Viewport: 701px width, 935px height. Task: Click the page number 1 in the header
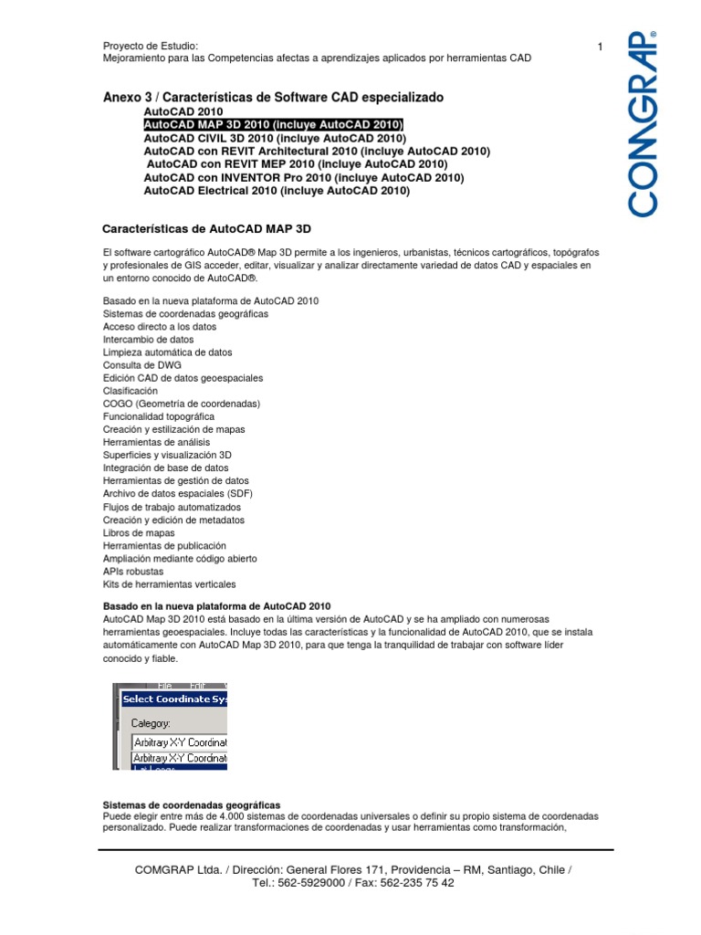tap(601, 47)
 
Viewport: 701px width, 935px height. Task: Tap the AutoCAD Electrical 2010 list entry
tap(277, 192)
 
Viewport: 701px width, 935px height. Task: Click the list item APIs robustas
tap(133, 571)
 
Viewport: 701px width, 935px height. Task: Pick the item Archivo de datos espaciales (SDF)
tap(178, 493)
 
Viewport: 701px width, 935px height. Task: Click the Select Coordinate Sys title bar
tap(172, 699)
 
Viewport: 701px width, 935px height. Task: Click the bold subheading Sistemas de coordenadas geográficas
tap(192, 804)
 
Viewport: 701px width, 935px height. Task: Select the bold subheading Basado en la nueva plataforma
tap(216, 606)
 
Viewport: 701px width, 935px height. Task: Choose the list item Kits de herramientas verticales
tap(169, 583)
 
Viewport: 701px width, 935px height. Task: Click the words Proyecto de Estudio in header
tap(151, 47)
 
